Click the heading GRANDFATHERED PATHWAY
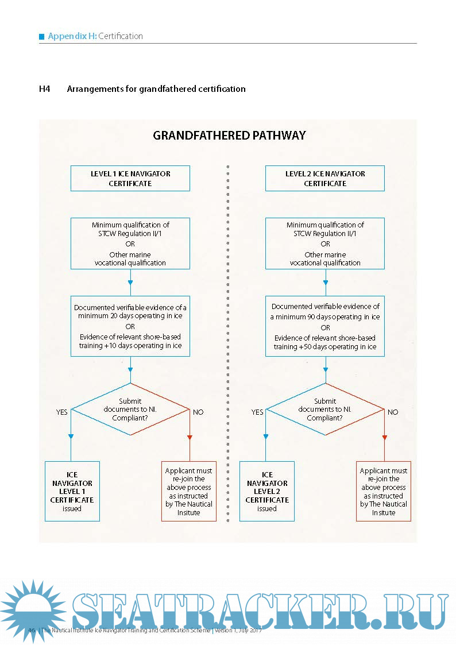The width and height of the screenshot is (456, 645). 229,136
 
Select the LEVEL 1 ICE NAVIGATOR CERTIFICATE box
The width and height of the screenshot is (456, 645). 130,179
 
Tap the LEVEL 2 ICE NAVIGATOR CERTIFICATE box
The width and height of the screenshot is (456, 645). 325,179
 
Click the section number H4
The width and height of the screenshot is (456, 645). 45,89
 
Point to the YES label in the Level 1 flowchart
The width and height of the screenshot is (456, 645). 61,412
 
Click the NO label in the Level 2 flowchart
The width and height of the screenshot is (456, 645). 393,412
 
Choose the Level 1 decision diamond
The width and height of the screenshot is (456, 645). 130,410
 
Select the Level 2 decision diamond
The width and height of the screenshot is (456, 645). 325,410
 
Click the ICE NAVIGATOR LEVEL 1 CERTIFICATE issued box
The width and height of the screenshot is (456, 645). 72,491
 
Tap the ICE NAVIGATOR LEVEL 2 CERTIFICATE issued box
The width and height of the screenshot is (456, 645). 267,491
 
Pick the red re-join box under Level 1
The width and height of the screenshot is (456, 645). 189,491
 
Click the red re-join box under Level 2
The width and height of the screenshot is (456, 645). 384,491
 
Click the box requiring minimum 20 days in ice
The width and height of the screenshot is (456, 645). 130,326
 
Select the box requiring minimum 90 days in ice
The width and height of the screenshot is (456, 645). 325,326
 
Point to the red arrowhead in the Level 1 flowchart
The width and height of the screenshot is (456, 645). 190,438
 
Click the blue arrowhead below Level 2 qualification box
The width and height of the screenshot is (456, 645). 326,283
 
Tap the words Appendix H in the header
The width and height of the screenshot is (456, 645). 72,36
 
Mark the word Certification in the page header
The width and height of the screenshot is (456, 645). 121,36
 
